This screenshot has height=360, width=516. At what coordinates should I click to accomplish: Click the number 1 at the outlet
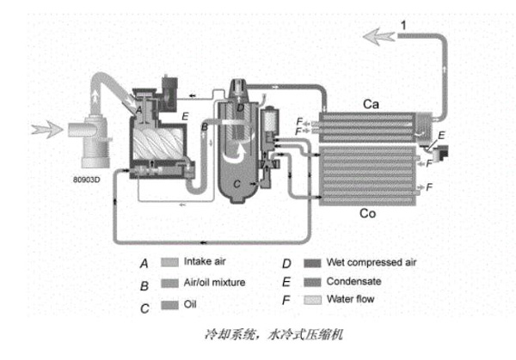click(402, 32)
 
